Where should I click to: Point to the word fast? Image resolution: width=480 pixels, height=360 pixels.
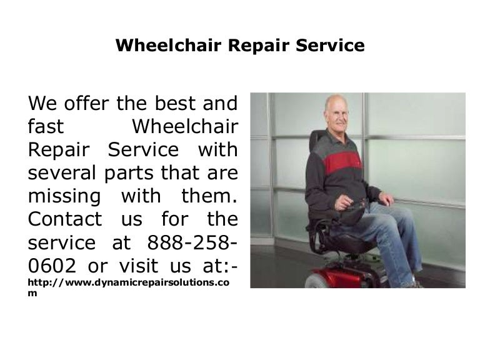pyautogui.click(x=46, y=126)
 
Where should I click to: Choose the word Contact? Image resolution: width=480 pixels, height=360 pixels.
pyautogui.click(x=65, y=220)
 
